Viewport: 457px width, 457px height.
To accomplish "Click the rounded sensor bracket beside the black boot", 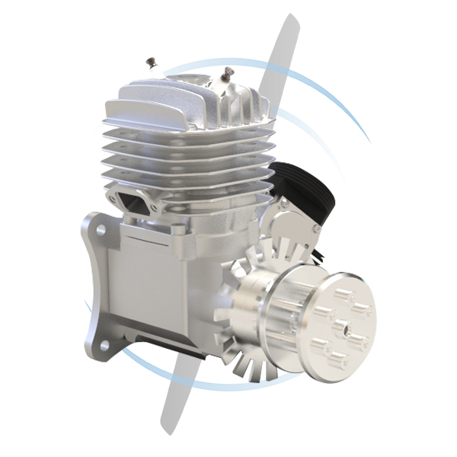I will tap(293, 221).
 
